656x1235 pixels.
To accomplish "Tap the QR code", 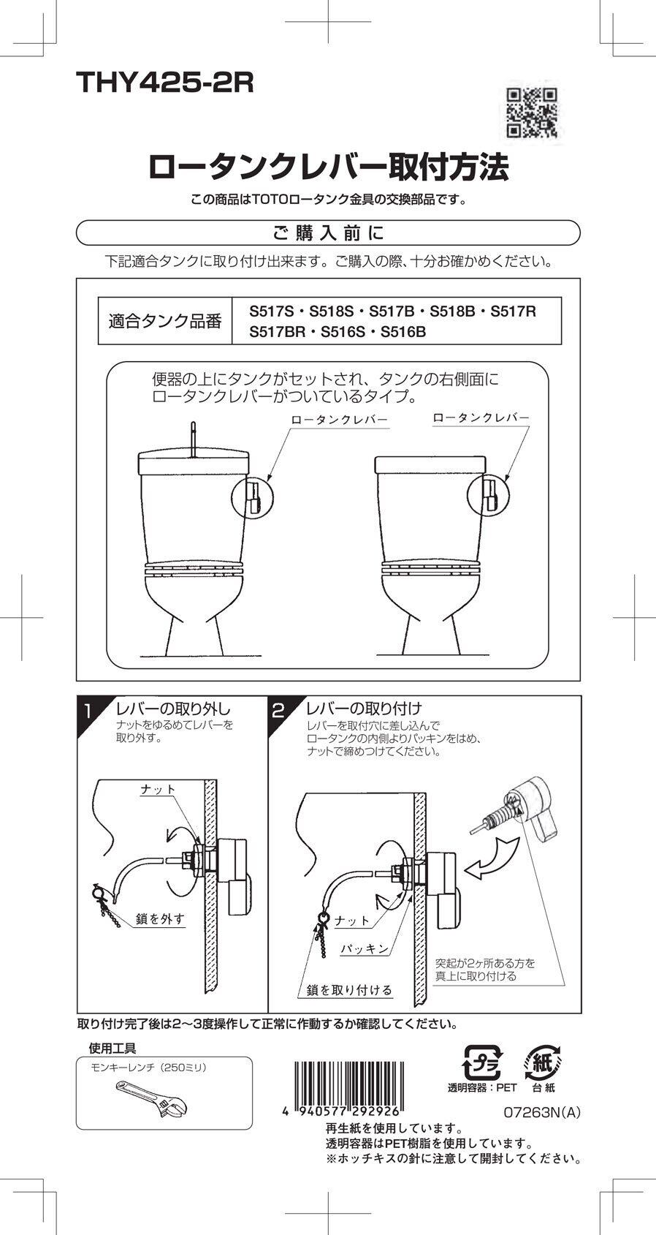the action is click(531, 113).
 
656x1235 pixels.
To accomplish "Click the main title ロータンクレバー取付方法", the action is click(328, 167).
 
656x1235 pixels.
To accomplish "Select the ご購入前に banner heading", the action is click(328, 233).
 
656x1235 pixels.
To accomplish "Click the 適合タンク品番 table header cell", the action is click(164, 321).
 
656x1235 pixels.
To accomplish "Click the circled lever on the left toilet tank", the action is click(251, 497).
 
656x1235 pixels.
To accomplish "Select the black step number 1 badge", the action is click(87, 711).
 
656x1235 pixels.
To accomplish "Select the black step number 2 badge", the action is click(278, 711).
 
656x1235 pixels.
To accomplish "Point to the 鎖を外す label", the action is click(160, 919).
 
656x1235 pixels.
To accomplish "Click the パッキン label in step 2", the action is click(365, 949).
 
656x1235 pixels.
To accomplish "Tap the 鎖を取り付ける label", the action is click(349, 990).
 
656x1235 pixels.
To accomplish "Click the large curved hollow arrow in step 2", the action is click(492, 858).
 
